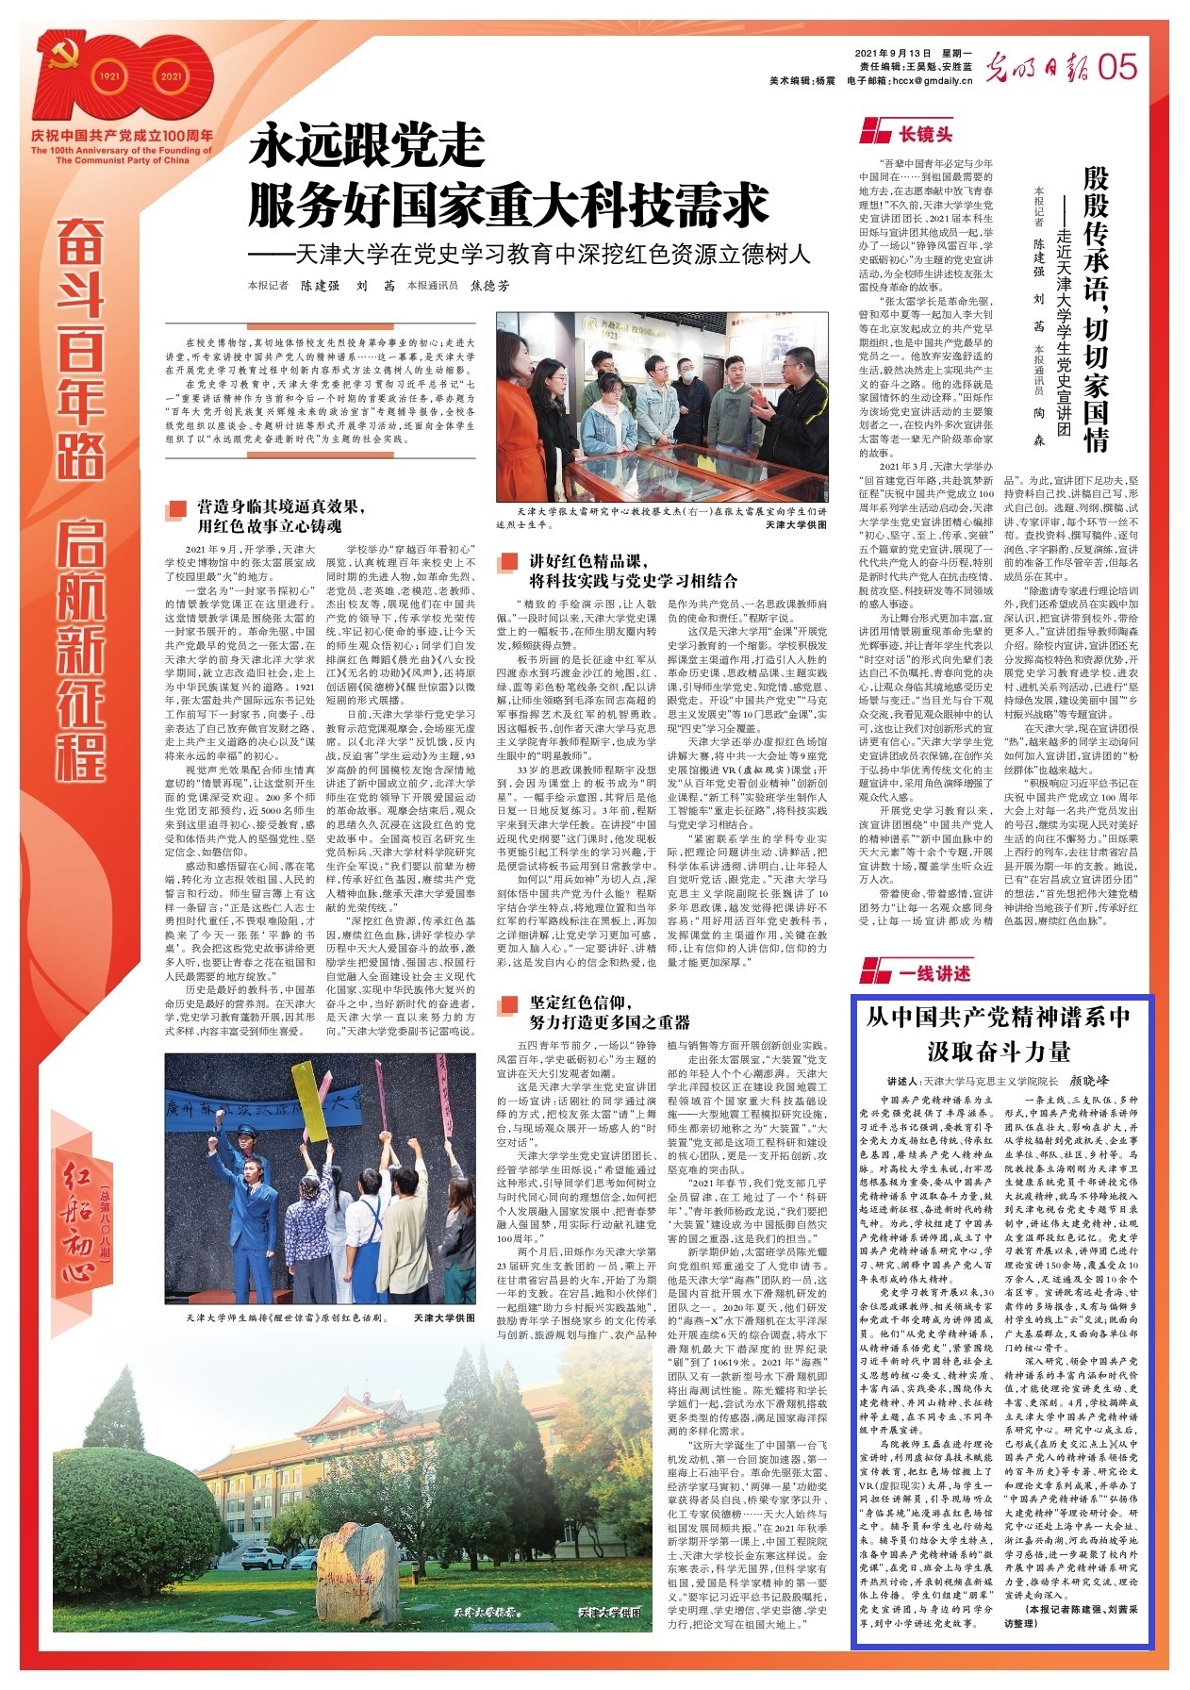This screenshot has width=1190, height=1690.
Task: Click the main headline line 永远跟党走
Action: coord(367,147)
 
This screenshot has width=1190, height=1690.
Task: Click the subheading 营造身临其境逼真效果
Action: coord(280,506)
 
